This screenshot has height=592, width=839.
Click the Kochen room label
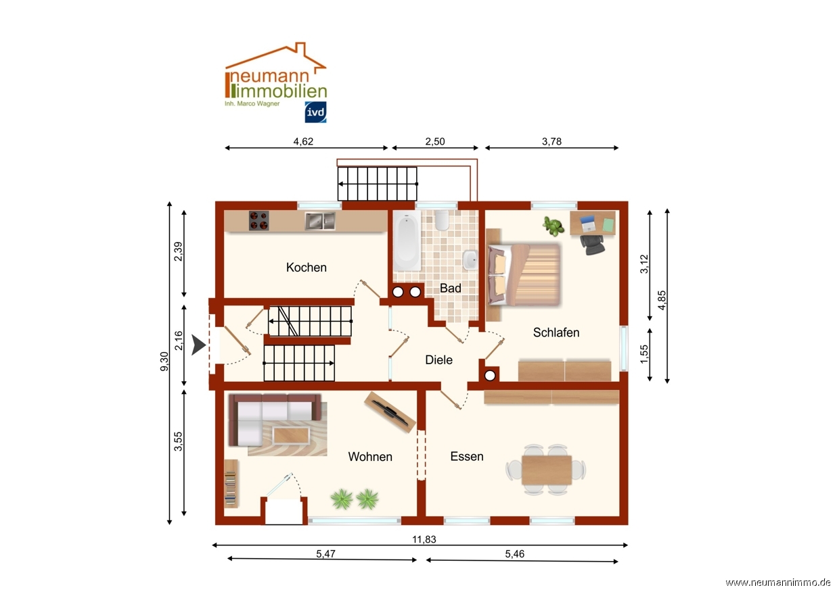tap(306, 267)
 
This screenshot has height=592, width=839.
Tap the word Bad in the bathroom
tap(450, 288)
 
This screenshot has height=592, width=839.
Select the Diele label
tap(438, 360)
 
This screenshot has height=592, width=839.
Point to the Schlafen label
tap(556, 332)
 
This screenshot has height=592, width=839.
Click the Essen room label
tap(467, 457)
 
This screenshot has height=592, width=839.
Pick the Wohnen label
tap(370, 457)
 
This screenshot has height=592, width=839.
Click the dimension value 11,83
tap(424, 539)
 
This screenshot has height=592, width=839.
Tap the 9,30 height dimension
tap(164, 362)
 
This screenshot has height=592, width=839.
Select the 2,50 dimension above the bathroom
tap(435, 141)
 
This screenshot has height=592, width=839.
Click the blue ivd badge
tap(315, 112)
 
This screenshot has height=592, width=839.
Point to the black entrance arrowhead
tap(198, 345)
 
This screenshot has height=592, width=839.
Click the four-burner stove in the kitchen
tap(259, 220)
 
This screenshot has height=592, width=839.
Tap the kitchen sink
tap(320, 221)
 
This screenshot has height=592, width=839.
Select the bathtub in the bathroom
tap(407, 240)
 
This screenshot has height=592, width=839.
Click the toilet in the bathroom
tap(442, 220)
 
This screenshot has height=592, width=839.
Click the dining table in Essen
tap(547, 470)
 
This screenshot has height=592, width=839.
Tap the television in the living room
tap(390, 412)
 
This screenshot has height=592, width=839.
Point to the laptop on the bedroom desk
tap(588, 224)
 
